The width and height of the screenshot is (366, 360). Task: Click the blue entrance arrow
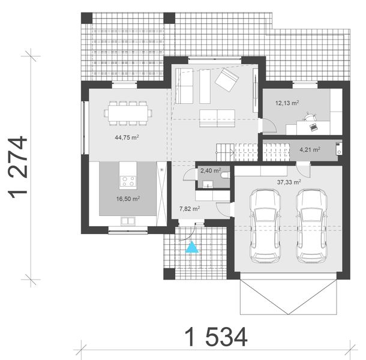pyautogui.click(x=191, y=247)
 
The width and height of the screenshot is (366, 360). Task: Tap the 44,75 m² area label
pyautogui.click(x=127, y=137)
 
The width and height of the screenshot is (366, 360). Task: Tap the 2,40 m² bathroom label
pyautogui.click(x=210, y=170)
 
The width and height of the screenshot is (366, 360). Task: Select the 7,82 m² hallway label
pyautogui.click(x=190, y=209)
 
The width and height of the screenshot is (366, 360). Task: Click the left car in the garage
pyautogui.click(x=265, y=225)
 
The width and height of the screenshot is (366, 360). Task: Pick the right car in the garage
pyautogui.click(x=311, y=225)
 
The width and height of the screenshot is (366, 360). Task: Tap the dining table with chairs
pyautogui.click(x=128, y=112)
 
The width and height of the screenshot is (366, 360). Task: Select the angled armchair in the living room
pyautogui.click(x=227, y=80)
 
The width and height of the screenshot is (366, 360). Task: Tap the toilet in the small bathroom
pyautogui.click(x=224, y=176)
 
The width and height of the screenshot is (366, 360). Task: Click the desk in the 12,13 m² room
pyautogui.click(x=312, y=127)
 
